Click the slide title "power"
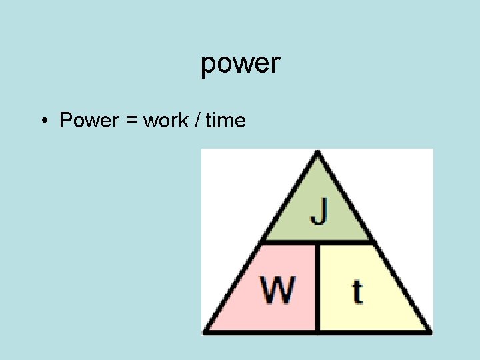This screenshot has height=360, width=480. click(240, 64)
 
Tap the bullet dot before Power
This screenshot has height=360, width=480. click(43, 121)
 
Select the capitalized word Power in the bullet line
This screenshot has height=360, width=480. click(87, 121)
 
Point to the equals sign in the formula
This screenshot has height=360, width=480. click(129, 121)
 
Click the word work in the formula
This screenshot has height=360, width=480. click(166, 121)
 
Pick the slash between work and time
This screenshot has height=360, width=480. click(198, 121)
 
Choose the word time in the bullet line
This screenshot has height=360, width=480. click(226, 121)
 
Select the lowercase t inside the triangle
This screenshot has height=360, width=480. click(358, 291)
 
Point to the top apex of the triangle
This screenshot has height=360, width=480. click(318, 153)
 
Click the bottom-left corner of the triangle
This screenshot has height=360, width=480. click(205, 331)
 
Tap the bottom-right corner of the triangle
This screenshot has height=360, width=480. click(429, 331)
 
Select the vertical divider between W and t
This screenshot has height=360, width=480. click(318, 287)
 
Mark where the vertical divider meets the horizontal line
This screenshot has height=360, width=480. click(318, 242)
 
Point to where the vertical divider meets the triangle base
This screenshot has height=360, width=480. click(318, 331)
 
